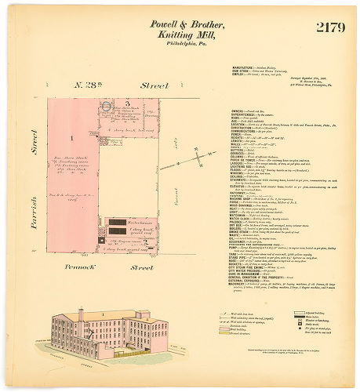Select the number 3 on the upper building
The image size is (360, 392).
point(127,103)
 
